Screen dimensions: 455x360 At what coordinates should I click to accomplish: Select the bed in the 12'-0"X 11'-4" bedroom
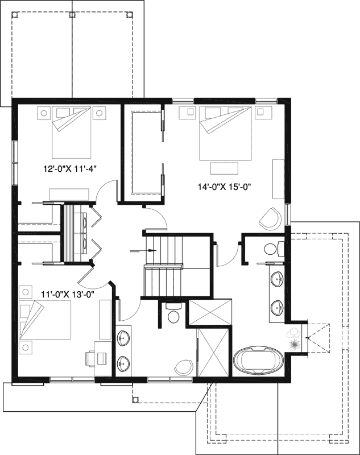point(72,133)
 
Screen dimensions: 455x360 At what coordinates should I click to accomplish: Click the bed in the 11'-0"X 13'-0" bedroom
point(44,320)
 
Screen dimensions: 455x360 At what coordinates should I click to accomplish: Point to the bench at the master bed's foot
point(218,168)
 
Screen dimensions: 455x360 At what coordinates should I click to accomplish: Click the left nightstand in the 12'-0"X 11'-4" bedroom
point(43,113)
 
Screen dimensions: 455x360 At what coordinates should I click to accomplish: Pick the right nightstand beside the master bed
point(263,113)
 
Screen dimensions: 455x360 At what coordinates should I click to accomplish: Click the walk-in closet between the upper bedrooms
point(143,152)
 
